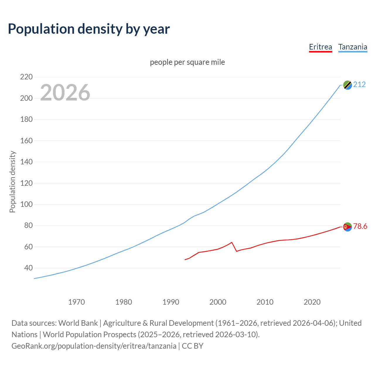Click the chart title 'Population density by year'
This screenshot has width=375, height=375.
pos(89,29)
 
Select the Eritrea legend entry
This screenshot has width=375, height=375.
pos(321,47)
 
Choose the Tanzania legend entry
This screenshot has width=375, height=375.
pos(353,47)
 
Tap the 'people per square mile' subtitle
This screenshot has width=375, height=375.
pos(187,62)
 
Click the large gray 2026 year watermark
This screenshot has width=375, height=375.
pos(65,93)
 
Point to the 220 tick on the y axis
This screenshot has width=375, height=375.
pos(26,77)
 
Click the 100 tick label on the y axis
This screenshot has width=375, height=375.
pos(26,204)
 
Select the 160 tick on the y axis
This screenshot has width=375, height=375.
pos(26,141)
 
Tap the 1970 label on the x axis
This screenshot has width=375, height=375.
pos(76,302)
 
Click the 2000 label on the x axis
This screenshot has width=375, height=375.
pos(218,302)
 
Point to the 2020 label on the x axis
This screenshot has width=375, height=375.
pos(312,302)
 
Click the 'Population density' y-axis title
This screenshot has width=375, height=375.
pos(12,182)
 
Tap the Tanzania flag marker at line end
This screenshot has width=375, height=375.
pos(347,85)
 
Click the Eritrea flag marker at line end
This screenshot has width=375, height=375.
pos(347,227)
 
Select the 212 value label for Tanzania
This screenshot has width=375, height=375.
pos(359,85)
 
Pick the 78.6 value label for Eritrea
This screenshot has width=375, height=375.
pos(360,226)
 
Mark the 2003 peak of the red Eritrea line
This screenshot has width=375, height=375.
pos(232,242)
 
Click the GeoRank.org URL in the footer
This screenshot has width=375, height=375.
pos(94,346)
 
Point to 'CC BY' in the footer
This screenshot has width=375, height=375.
pos(192,346)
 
